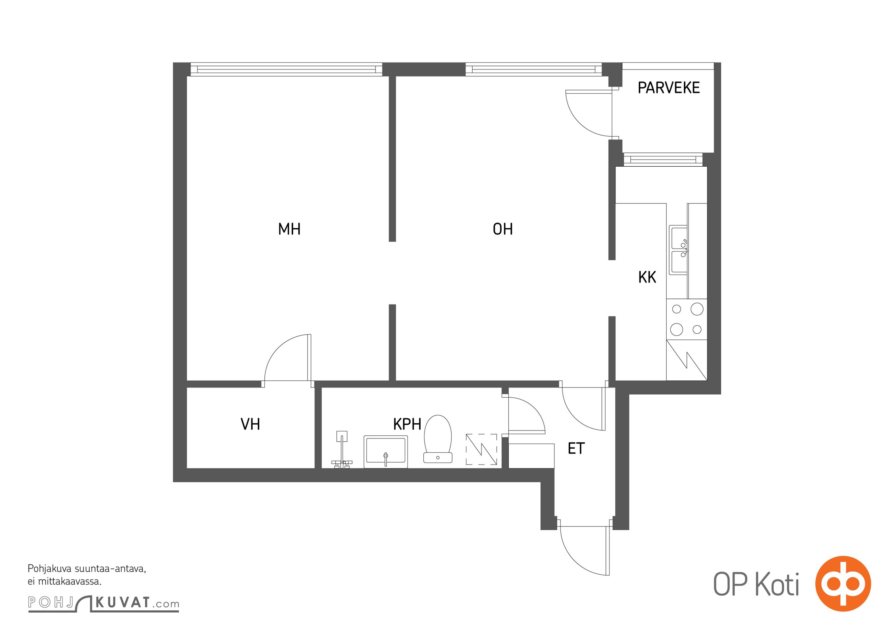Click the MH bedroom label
(x=289, y=229)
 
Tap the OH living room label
(x=503, y=229)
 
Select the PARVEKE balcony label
(x=669, y=88)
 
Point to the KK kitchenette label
(x=647, y=277)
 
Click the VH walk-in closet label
(x=250, y=424)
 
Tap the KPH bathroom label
(x=407, y=424)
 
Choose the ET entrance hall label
(x=576, y=448)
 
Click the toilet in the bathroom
(x=438, y=438)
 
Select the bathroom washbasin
(x=385, y=452)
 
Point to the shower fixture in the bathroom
(x=342, y=450)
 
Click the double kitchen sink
(x=678, y=250)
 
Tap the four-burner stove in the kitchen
(x=687, y=319)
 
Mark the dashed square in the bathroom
(x=481, y=449)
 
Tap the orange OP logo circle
(x=843, y=584)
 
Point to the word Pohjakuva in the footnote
(x=49, y=569)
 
